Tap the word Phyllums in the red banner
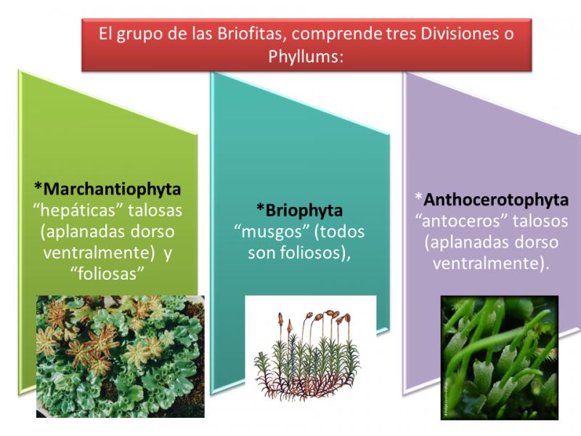coord(303,57)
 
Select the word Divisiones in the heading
coord(459,33)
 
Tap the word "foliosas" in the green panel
coord(107,274)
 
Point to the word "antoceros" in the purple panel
coord(461,221)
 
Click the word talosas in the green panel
coord(155,211)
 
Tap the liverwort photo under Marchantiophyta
coord(121,356)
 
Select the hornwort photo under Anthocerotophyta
coord(500,358)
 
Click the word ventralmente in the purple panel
coord(489,264)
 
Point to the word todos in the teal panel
coord(342,232)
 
